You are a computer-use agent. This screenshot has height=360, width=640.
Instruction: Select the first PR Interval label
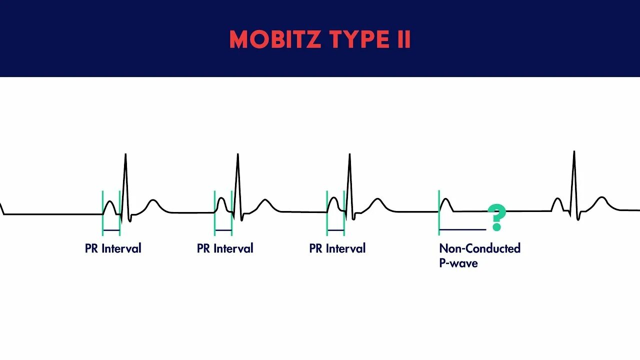[113, 248]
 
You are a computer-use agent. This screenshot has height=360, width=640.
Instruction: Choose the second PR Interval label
[225, 248]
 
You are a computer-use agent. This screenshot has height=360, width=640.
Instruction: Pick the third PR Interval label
[337, 248]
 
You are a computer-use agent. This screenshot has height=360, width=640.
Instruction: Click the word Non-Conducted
[479, 248]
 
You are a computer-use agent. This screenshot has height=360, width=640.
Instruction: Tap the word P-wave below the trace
[458, 263]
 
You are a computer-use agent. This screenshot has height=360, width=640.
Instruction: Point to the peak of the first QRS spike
[125, 154]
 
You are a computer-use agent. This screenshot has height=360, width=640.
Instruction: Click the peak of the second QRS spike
[237, 154]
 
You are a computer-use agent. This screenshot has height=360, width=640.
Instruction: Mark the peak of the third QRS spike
[349, 154]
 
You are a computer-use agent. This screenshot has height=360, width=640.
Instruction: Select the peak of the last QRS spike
[574, 151]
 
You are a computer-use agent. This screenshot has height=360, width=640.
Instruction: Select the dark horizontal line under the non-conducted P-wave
[462, 230]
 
